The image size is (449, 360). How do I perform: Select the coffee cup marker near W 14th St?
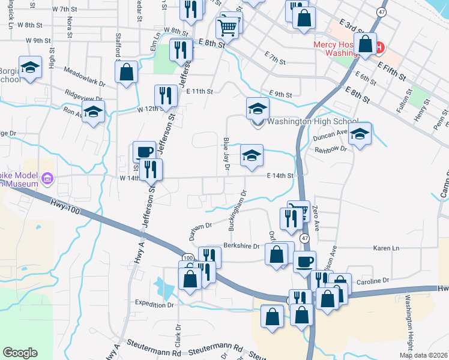tap(144, 151)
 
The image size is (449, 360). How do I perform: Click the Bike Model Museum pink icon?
tap(48, 178)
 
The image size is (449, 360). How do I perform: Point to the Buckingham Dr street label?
tap(237, 211)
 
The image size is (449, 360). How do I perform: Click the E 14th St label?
tap(280, 175)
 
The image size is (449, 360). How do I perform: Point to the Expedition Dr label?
tap(154, 304)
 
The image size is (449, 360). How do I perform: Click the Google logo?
tap(20, 353)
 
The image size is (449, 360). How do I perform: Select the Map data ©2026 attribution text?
tap(423, 355)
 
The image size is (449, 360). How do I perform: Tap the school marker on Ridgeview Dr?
tap(94, 112)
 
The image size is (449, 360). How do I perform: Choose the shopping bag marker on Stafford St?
tap(126, 73)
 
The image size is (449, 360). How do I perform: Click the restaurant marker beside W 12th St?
tap(164, 95)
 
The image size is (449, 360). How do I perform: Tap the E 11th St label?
tap(200, 91)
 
